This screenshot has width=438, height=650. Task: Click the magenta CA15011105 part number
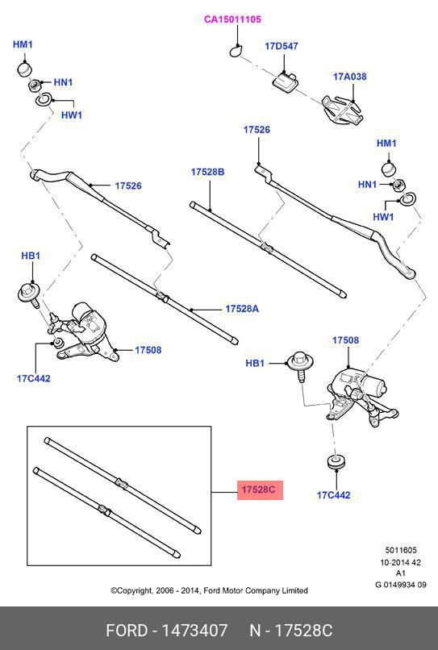[232, 19]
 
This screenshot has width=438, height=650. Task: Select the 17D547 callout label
[282, 47]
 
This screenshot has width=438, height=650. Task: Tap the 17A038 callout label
[350, 77]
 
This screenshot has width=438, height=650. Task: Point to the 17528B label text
[207, 173]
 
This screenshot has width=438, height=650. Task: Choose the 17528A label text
[241, 309]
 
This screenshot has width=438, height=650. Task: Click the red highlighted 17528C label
[260, 490]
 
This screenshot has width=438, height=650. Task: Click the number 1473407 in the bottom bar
[194, 630]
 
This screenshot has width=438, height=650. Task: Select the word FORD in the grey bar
[127, 630]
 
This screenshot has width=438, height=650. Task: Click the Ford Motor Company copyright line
[209, 590]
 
